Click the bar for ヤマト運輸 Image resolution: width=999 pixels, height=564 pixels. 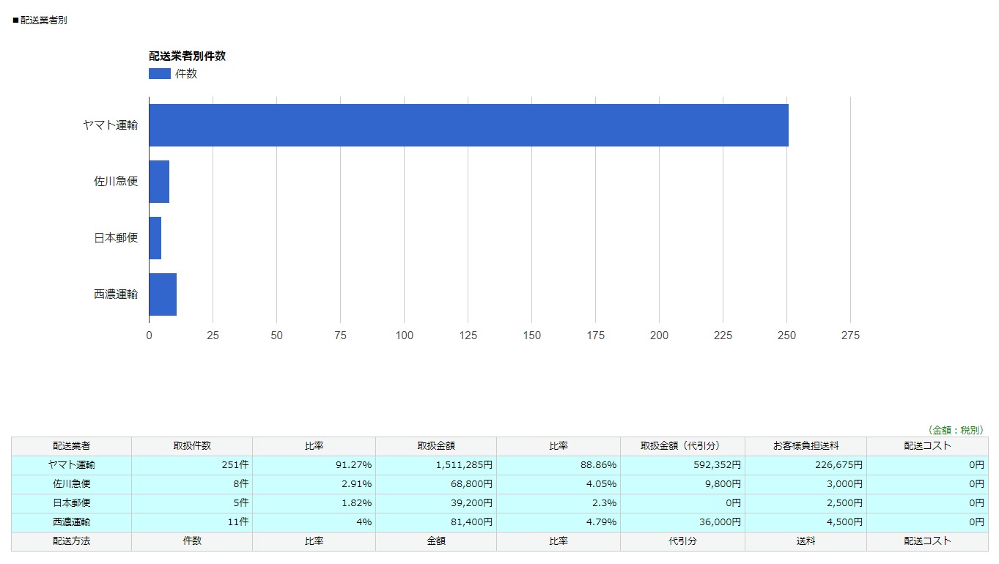click(468, 125)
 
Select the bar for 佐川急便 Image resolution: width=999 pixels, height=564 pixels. click(159, 182)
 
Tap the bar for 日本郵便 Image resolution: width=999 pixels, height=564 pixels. click(155, 238)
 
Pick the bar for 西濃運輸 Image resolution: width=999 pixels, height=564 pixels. click(163, 294)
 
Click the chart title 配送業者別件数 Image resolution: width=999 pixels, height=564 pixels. click(187, 56)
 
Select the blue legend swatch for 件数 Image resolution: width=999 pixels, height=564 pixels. click(159, 74)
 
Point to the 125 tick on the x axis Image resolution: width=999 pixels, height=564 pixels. click(468, 335)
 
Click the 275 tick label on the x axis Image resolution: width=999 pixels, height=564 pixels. click(850, 335)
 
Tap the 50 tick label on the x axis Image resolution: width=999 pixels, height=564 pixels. click(276, 335)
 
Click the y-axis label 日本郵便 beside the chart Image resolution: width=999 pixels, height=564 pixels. click(116, 238)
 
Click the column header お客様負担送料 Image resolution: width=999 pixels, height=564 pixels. click(806, 446)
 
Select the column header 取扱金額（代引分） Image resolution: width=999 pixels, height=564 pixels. click(682, 446)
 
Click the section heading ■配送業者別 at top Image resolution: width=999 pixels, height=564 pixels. click(40, 21)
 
